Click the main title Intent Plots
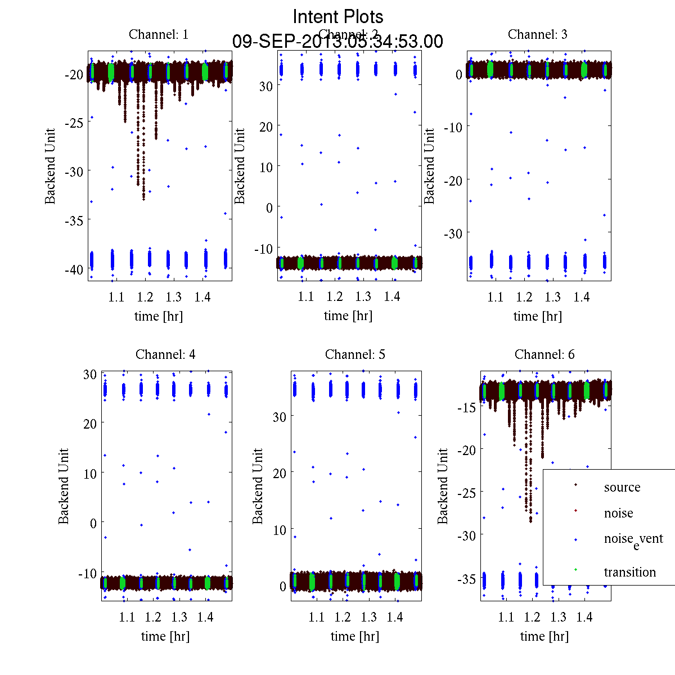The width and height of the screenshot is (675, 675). tap(338, 16)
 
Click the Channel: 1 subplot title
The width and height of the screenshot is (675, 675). tap(159, 34)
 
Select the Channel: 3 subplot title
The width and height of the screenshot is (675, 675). tap(537, 34)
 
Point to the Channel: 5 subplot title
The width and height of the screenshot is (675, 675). tap(355, 354)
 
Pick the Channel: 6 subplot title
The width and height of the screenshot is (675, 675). tap(544, 354)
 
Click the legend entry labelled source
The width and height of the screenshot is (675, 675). tap(622, 487)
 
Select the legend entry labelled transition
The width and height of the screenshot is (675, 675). tap(629, 572)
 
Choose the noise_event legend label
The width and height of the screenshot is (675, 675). tap(633, 539)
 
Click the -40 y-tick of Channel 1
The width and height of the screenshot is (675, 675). tap(74, 269)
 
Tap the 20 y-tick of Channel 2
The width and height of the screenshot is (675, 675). tap(265, 127)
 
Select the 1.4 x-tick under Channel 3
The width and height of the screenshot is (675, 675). tap(582, 297)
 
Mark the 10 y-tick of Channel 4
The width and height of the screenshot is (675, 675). tap(90, 473)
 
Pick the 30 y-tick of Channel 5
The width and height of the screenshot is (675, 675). tap(280, 416)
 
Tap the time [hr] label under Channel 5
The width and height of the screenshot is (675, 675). tap(355, 636)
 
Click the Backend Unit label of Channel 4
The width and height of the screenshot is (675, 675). tap(64, 486)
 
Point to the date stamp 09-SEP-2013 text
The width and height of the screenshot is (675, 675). tap(337, 42)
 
